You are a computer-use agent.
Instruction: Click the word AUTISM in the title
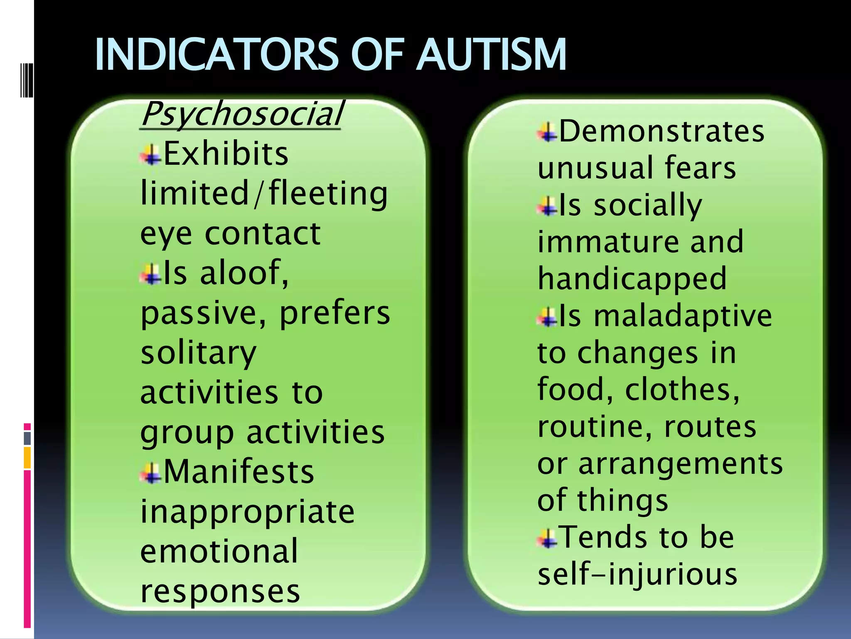tap(492, 55)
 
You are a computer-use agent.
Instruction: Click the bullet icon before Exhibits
tap(151, 155)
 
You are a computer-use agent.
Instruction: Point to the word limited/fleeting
tap(264, 194)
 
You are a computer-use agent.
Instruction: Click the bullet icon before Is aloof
tap(151, 274)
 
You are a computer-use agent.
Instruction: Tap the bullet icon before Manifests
tap(151, 473)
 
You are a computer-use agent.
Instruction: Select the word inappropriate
tap(248, 513)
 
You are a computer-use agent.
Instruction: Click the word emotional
tap(219, 551)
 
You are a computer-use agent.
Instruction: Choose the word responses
tap(220, 591)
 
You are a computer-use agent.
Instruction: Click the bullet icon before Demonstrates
tap(548, 133)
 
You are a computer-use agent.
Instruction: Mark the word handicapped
tap(632, 278)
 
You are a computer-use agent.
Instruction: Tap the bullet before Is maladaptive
tap(548, 317)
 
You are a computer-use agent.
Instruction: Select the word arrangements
tap(680, 464)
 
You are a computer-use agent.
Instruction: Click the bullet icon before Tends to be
tap(548, 538)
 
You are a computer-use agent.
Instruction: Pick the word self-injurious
tap(637, 575)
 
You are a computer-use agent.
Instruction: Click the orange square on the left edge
tap(27, 458)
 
